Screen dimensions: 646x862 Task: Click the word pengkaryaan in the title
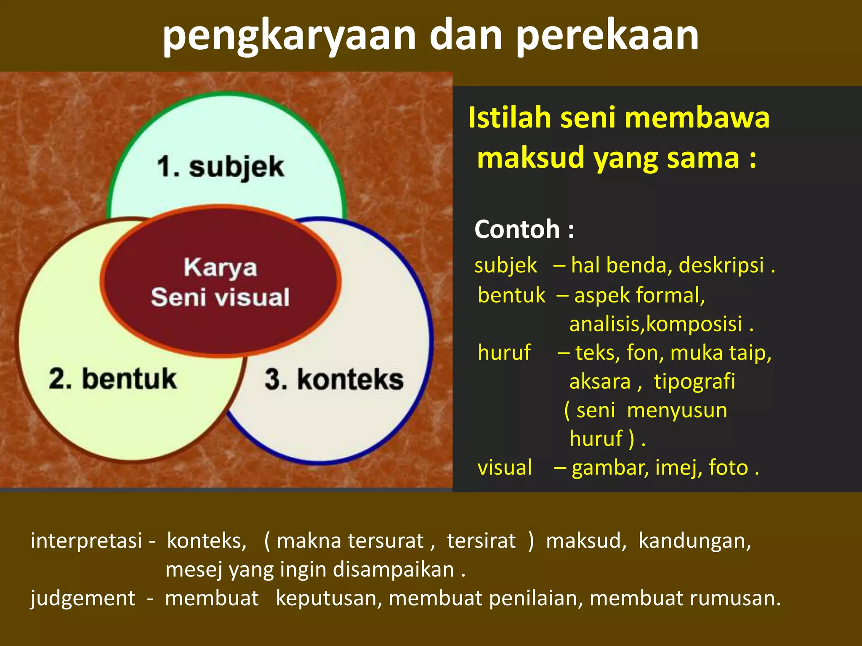coord(289,37)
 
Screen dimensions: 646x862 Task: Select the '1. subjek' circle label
coord(221,167)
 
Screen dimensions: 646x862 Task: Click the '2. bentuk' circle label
coord(113,379)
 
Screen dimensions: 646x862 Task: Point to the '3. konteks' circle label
coord(334,379)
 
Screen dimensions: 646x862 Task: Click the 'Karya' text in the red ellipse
coord(220,268)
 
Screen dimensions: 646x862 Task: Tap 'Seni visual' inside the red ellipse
coord(220,297)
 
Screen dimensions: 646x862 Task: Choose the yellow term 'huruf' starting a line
coord(504,352)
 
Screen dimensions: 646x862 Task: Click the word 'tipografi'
coord(694,382)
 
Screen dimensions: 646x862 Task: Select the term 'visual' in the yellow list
coord(505,468)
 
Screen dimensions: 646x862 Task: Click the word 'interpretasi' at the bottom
coord(86,541)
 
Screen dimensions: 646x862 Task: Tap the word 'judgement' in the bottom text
coord(83,598)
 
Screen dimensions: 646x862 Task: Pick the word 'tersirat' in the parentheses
coord(481,541)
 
